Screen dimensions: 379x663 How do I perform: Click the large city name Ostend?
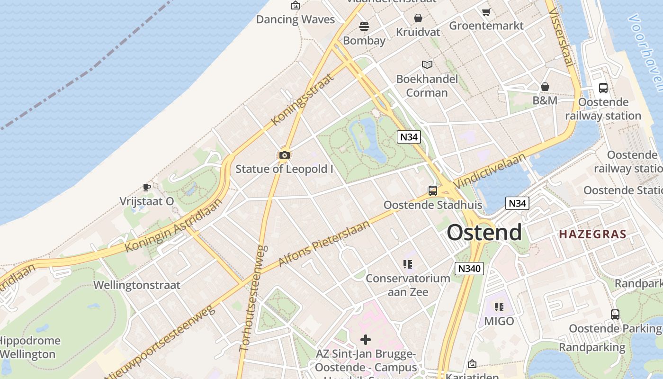pos(484,233)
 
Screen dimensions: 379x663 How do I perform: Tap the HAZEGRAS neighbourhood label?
pos(592,234)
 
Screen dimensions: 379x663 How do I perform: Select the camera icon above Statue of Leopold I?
pos(284,155)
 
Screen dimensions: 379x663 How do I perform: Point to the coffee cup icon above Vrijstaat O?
pos(147,187)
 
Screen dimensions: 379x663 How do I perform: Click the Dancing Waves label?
pos(295,19)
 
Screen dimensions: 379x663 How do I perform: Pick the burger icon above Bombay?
pos(364,27)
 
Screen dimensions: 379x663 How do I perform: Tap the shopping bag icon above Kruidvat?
pos(418,18)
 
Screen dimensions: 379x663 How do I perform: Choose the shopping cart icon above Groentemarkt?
pos(486,12)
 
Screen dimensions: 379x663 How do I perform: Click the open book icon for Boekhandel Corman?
pos(427,64)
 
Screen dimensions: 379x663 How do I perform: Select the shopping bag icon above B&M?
pos(545,87)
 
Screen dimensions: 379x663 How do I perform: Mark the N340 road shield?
pos(469,269)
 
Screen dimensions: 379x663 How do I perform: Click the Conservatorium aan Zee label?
pos(408,285)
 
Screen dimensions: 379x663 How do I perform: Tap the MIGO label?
pos(499,321)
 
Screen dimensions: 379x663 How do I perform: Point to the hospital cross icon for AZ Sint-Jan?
pos(366,340)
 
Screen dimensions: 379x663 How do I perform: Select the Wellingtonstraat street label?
pos(137,285)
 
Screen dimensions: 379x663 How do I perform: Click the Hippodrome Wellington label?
pos(29,347)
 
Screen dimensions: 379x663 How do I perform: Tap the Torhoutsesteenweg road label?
pos(254,298)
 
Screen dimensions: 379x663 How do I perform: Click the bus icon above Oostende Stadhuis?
pos(433,191)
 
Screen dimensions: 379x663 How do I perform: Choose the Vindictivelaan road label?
pos(490,171)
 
